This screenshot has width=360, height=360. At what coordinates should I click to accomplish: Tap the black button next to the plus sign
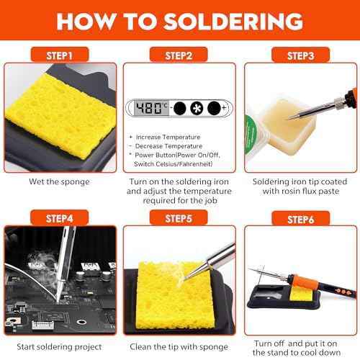pyautogui.click(x=214, y=108)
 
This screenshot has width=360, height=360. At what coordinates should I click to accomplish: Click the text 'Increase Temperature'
pyautogui.click(x=169, y=136)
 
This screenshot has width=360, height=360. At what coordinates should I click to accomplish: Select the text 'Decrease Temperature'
pyautogui.click(x=169, y=145)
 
